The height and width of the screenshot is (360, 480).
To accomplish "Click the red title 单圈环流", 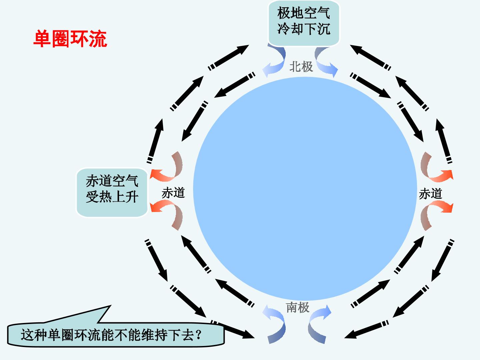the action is (x=70, y=39).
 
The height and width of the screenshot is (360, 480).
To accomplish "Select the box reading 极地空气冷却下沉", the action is (x=304, y=23).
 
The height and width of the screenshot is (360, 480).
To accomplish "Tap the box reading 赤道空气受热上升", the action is (x=112, y=192).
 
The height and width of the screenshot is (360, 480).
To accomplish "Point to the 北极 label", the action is (x=301, y=66).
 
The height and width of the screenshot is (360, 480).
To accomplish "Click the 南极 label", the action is (x=298, y=307).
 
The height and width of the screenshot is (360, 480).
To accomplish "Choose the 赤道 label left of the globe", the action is (x=173, y=193).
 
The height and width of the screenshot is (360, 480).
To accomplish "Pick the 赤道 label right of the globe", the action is (x=431, y=194).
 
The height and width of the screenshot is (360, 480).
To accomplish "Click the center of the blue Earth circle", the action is (x=305, y=189).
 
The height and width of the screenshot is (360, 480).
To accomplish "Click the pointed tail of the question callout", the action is (x=110, y=306).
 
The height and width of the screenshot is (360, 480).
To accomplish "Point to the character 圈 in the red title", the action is (x=61, y=39).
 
